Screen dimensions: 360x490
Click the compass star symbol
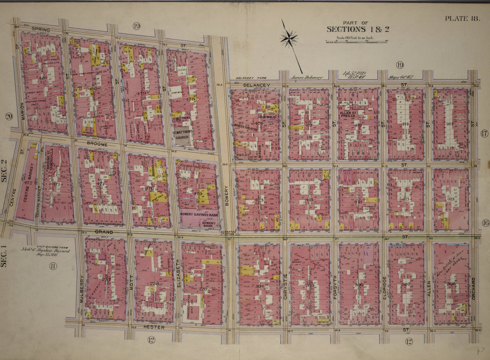[x=289, y=38]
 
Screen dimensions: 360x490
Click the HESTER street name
[x=154, y=327]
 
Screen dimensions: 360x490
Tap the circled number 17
[x=484, y=133]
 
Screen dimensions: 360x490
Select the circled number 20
[x=9, y=116]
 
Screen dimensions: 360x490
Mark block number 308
[x=451, y=284]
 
